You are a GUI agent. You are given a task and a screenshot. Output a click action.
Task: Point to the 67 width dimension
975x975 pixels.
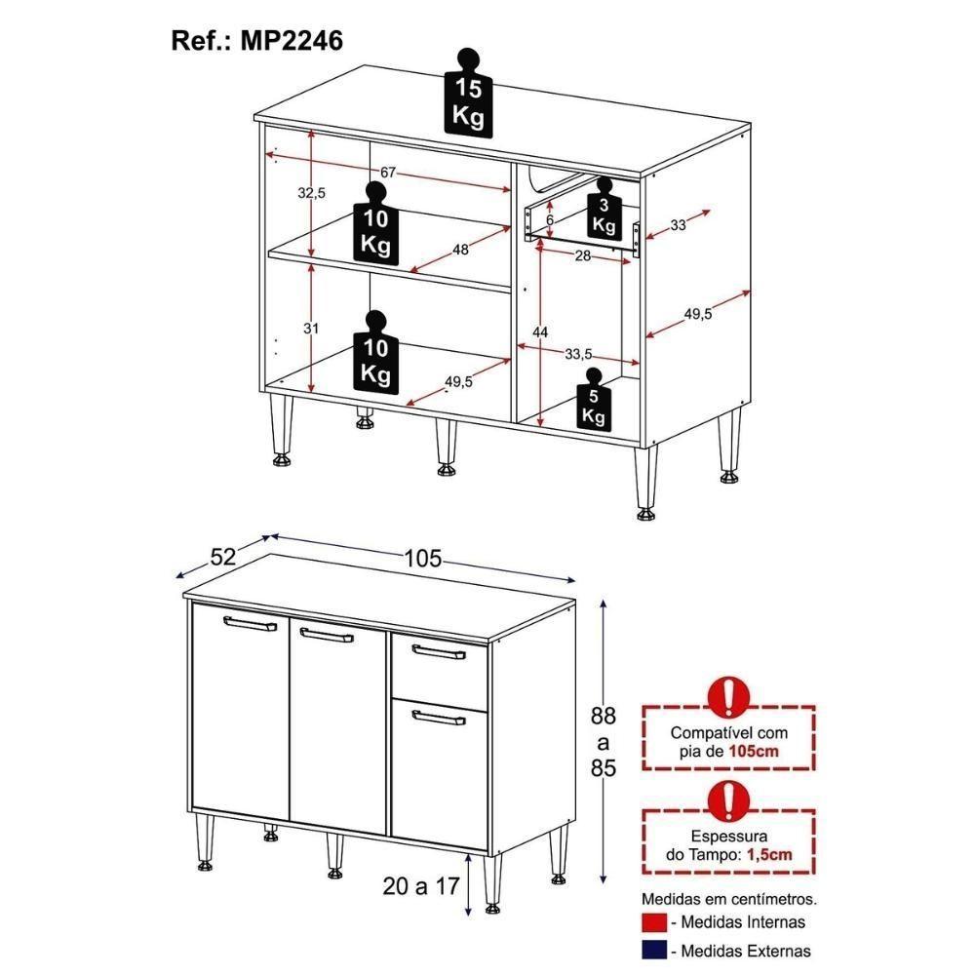click(388, 173)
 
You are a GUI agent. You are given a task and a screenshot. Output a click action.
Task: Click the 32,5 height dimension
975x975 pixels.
click(311, 193)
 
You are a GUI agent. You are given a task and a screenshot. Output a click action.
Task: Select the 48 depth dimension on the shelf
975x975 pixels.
click(460, 250)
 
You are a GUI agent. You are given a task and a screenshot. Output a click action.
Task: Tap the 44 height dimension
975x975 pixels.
click(539, 332)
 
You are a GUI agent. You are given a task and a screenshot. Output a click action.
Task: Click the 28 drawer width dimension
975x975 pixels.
click(583, 255)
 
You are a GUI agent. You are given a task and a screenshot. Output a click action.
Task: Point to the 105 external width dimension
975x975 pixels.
click(423, 559)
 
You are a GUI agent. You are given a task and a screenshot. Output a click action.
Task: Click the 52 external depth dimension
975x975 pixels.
click(223, 557)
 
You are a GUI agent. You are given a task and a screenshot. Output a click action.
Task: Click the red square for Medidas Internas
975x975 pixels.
click(653, 922)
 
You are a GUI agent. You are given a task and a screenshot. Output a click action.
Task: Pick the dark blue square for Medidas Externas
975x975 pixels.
click(653, 951)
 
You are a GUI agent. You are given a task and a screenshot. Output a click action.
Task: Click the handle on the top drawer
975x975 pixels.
click(439, 651)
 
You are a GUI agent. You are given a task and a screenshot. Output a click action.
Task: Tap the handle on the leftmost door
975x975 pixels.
click(251, 625)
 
